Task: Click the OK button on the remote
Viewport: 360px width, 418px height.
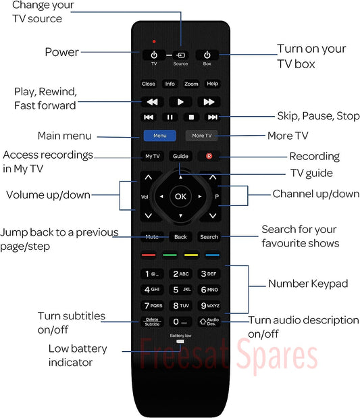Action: tap(180, 197)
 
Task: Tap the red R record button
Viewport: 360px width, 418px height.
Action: tap(209, 156)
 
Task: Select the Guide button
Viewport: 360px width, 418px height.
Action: tap(180, 156)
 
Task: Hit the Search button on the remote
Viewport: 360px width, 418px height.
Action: tap(209, 237)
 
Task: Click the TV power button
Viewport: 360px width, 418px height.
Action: tap(154, 55)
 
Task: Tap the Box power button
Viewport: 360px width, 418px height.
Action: tap(207, 55)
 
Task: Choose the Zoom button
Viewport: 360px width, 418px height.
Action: tap(191, 84)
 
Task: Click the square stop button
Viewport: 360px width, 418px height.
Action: tap(191, 117)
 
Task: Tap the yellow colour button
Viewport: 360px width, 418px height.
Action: tap(191, 255)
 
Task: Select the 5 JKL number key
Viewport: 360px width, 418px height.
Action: tap(180, 290)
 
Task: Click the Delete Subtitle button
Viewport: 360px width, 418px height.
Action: tap(152, 321)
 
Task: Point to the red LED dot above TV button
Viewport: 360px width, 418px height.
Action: tap(154, 42)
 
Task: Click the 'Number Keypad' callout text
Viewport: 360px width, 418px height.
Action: tap(308, 284)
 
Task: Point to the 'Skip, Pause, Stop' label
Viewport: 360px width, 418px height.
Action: tap(318, 116)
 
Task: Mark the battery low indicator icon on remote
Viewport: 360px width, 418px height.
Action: tap(180, 342)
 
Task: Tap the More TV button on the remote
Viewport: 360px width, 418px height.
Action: tap(201, 136)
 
